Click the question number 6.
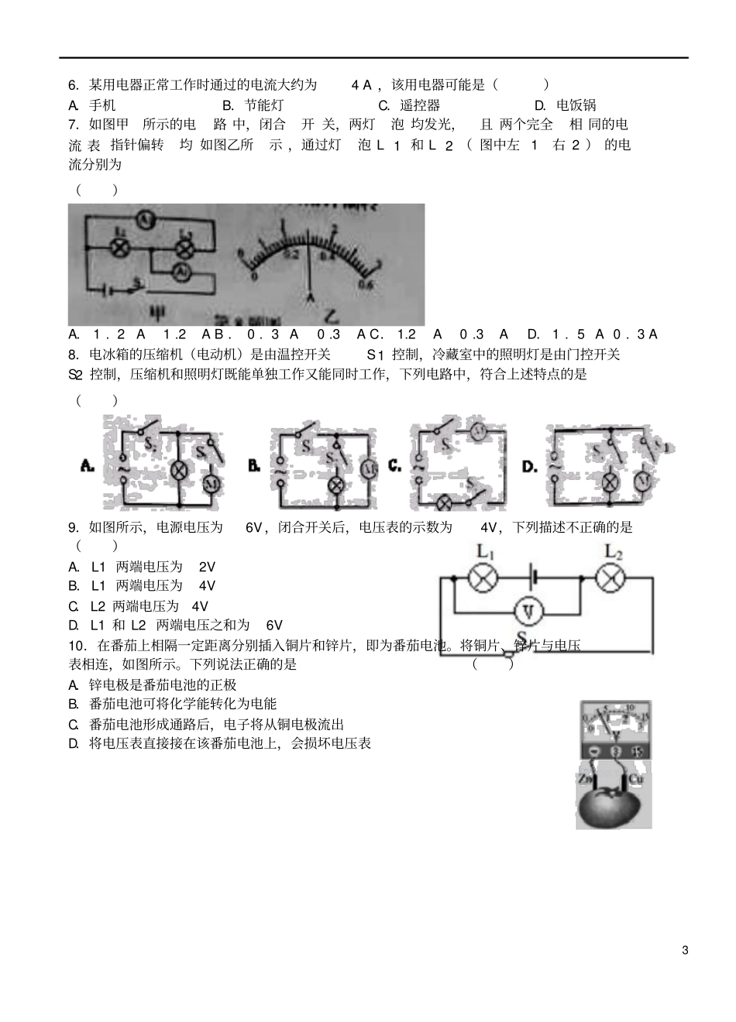click(x=74, y=85)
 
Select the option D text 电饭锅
click(x=576, y=105)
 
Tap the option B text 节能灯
click(x=263, y=105)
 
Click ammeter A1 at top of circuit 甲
click(x=143, y=221)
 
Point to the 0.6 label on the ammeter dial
click(x=366, y=285)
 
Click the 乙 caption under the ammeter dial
click(x=332, y=316)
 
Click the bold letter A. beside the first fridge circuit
click(x=88, y=466)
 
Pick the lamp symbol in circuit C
click(x=446, y=502)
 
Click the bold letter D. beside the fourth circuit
click(x=530, y=466)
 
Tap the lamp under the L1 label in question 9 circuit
click(x=484, y=578)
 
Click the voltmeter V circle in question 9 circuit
click(x=528, y=611)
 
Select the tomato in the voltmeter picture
click(x=610, y=805)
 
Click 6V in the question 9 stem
click(x=256, y=527)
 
